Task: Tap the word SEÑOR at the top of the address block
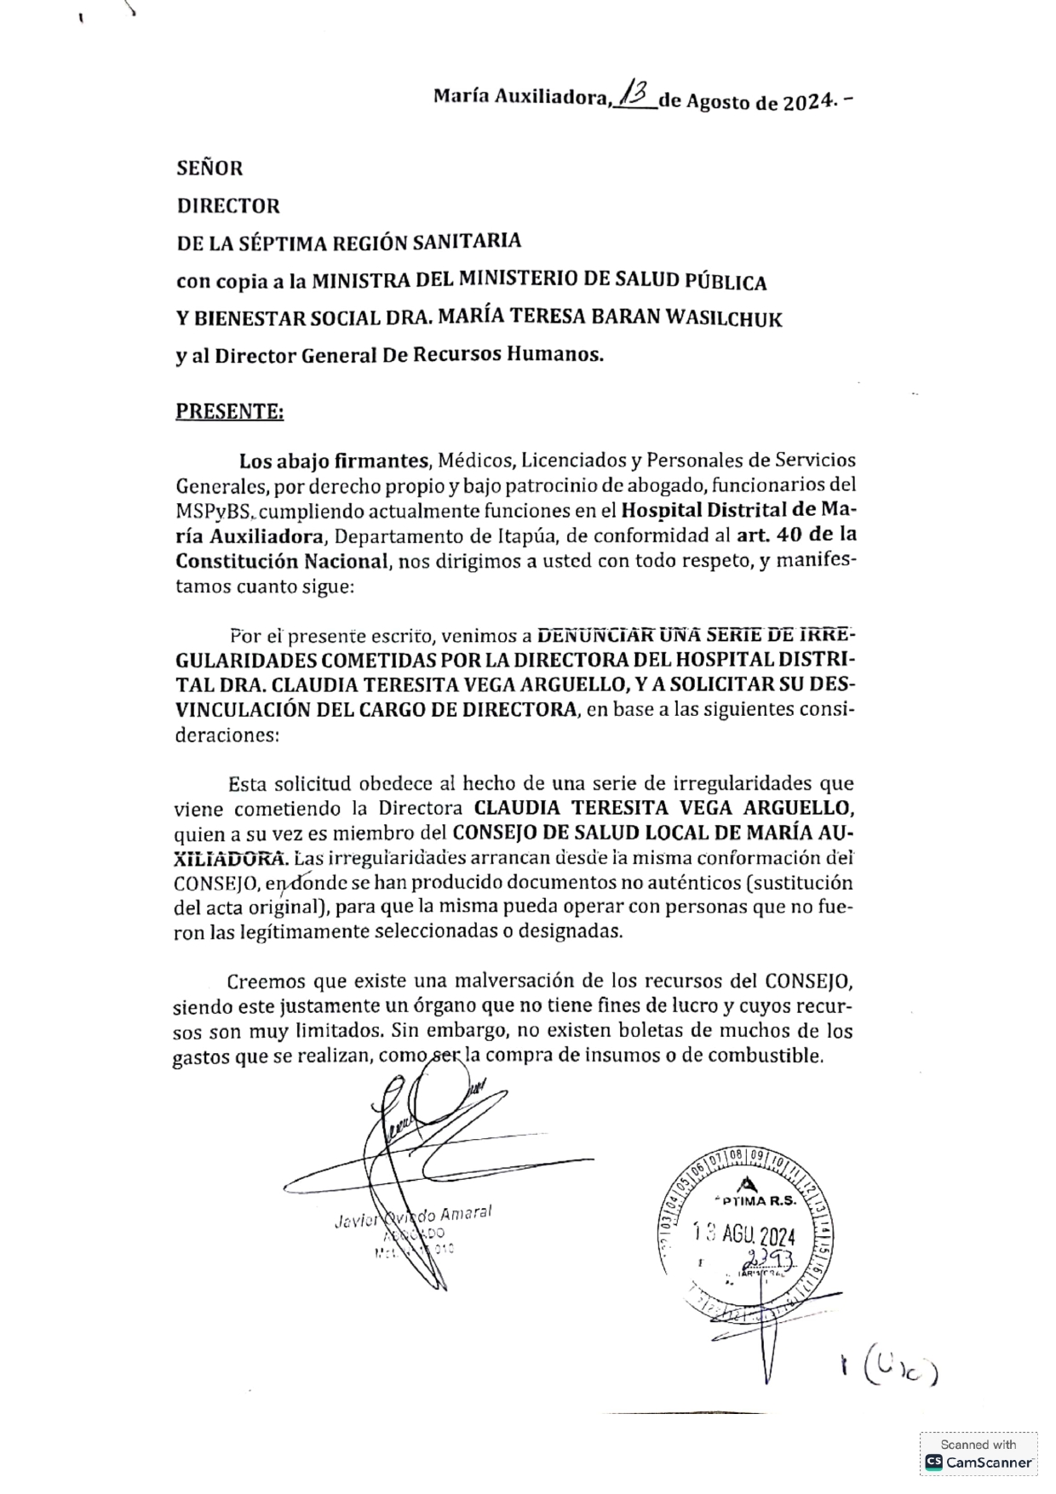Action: [209, 168]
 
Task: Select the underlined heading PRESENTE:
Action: [229, 412]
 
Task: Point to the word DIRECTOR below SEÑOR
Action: [227, 206]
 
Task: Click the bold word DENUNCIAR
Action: [600, 634]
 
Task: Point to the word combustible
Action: [773, 1056]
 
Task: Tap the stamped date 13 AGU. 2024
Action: [743, 1234]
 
